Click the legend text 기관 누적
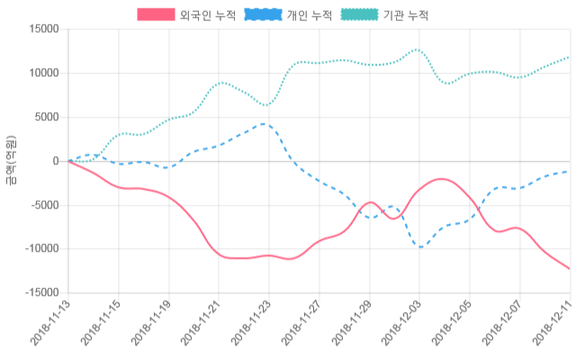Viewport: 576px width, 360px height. [406, 15]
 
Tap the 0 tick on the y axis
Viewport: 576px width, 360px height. [57, 161]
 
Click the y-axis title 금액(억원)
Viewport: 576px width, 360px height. [11, 160]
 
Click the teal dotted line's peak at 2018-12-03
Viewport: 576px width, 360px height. [417, 49]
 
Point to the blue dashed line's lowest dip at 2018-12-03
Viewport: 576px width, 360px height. [419, 247]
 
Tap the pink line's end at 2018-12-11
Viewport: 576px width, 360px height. [569, 269]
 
